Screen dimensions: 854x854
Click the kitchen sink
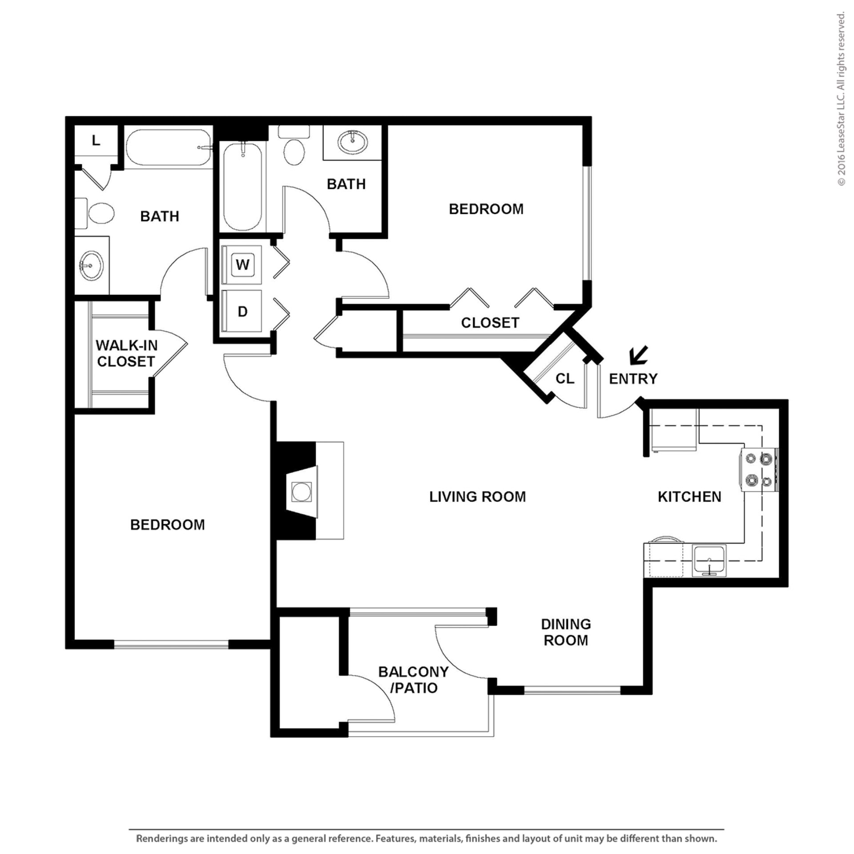tap(709, 560)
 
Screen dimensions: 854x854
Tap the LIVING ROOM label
tap(477, 496)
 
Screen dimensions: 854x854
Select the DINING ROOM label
tap(566, 632)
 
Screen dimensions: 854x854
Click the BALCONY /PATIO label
tap(413, 680)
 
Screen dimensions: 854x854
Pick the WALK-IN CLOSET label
tap(126, 353)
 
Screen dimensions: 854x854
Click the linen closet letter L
tap(96, 141)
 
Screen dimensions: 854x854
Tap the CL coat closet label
tap(565, 378)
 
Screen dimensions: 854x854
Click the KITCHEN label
tap(689, 496)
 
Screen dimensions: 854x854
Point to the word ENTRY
tap(633, 379)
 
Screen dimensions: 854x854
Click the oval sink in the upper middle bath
tap(353, 142)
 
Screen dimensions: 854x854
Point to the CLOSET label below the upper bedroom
tap(490, 322)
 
